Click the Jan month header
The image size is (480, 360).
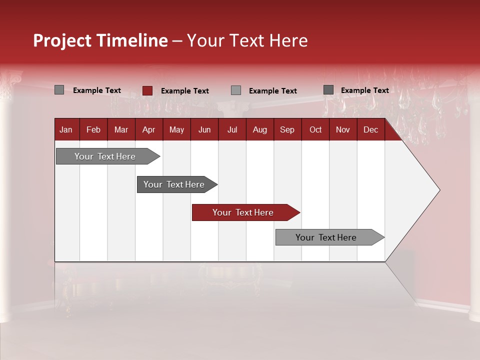pos(66,130)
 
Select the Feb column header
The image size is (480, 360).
pos(93,130)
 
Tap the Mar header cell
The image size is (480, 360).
pos(121,130)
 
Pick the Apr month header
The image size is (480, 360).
pos(148,130)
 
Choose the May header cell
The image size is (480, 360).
pos(176,130)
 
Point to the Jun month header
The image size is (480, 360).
pos(204,130)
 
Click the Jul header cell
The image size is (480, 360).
pos(232,130)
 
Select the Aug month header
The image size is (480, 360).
pos(260,130)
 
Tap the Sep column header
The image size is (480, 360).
pos(287,130)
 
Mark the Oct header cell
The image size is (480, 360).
pos(315,130)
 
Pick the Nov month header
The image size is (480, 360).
pos(343,130)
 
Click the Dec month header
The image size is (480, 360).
pos(370,130)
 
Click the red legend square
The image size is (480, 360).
pos(147,90)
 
